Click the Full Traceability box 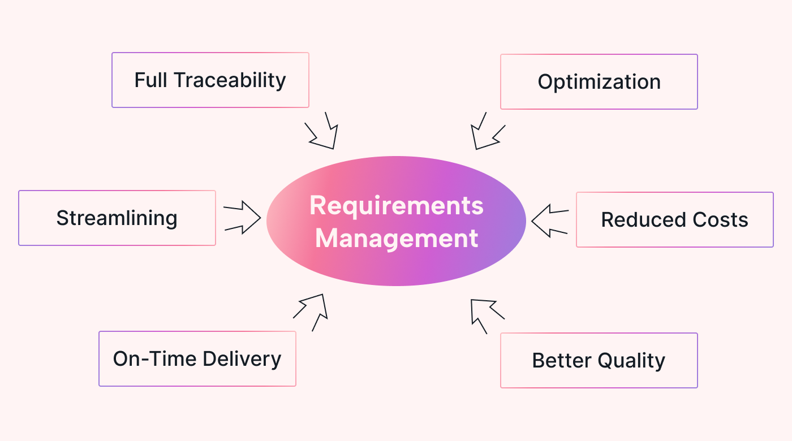(x=210, y=80)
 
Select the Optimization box (x=599, y=81)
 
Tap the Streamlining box (x=117, y=218)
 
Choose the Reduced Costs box (x=674, y=219)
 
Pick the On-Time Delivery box (x=197, y=358)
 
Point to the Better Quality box (x=599, y=360)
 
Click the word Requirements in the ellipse (x=396, y=205)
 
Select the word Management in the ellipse (x=397, y=238)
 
